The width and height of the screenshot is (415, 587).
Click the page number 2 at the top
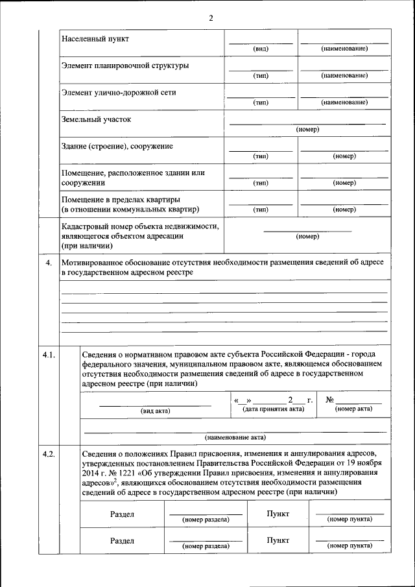coord(211,18)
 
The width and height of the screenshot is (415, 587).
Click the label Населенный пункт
coord(95,39)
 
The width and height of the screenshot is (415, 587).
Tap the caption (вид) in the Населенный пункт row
coord(261,49)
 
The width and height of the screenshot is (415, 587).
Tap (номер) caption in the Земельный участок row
coord(307,130)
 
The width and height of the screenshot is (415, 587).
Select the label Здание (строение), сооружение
coord(117,147)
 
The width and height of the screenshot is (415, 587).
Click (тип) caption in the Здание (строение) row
coord(261,156)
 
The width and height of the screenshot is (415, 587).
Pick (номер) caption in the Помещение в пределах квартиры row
coord(344,210)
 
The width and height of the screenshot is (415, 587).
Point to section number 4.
coord(47,263)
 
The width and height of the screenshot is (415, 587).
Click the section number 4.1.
coord(49,354)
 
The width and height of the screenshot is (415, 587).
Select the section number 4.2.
coord(49,454)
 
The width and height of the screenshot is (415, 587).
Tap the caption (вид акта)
coord(155,411)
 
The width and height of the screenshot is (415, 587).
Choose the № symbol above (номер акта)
coord(329,399)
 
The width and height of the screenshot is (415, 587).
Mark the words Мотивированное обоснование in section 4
coord(114,263)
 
